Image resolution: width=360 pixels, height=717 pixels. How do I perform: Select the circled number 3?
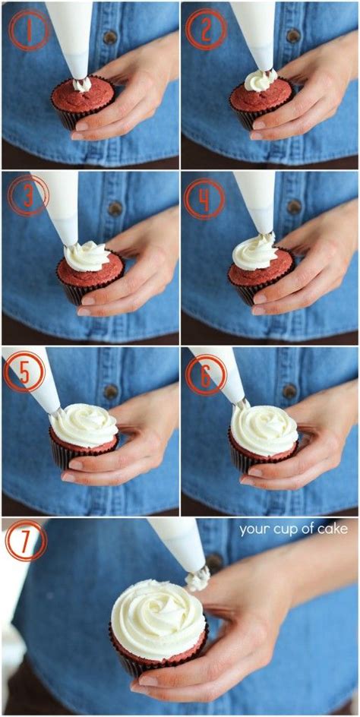point(27,195)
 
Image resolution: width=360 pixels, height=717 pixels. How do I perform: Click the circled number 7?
point(25,542)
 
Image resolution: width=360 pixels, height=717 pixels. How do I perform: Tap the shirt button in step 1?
point(111,36)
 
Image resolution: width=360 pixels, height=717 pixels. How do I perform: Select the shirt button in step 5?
point(112,391)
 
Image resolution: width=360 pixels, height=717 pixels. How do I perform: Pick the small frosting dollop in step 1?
point(82,84)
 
